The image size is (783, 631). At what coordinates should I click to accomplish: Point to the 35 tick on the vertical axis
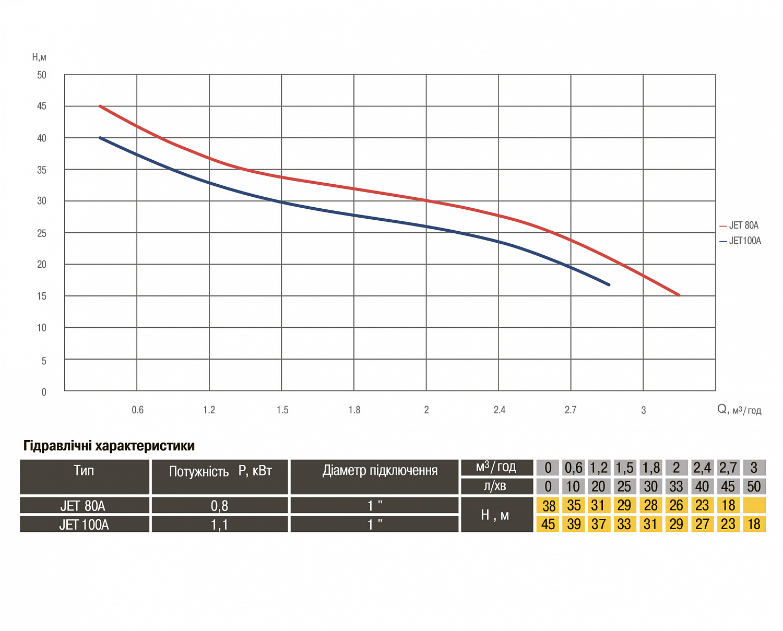(x=42, y=170)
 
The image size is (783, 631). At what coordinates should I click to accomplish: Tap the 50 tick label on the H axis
(x=42, y=75)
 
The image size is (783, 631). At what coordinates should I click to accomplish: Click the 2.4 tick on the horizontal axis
(x=500, y=410)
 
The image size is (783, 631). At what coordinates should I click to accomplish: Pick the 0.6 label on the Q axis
(x=137, y=410)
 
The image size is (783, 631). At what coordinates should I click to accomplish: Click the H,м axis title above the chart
(x=39, y=57)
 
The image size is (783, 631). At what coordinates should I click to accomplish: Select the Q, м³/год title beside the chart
(x=739, y=410)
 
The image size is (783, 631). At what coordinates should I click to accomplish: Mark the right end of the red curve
(x=679, y=295)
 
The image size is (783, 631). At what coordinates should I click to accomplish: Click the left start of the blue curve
(x=100, y=138)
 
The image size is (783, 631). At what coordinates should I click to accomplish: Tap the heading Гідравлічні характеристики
(x=109, y=446)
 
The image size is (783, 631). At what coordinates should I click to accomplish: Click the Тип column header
(x=84, y=471)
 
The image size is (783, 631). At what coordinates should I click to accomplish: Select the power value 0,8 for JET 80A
(x=219, y=506)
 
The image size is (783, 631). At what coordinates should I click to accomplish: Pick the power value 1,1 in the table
(x=219, y=525)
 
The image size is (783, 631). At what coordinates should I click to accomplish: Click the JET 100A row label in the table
(x=84, y=525)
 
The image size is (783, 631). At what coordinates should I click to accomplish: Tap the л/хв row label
(x=496, y=486)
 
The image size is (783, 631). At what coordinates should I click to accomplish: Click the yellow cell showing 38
(x=549, y=506)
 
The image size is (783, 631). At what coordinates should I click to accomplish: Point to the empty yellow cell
(x=754, y=505)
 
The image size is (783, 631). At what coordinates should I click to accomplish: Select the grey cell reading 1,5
(x=624, y=468)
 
